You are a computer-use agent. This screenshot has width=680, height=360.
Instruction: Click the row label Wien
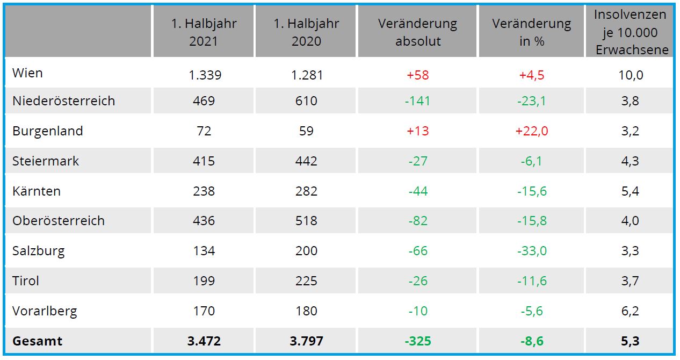tap(27, 73)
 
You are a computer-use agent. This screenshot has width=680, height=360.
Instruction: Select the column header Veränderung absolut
tap(417, 32)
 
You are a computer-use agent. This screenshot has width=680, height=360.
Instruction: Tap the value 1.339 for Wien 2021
tap(204, 75)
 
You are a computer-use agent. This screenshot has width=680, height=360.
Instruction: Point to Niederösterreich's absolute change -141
tap(417, 100)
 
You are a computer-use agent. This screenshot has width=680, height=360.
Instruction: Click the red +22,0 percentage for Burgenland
tap(532, 131)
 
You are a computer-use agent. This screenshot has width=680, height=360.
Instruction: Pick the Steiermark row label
tap(46, 161)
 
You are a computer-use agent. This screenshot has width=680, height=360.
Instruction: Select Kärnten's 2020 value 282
tap(306, 191)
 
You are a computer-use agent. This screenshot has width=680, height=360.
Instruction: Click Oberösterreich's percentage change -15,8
tap(532, 221)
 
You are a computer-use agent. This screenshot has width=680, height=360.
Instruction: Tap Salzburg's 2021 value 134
tap(204, 251)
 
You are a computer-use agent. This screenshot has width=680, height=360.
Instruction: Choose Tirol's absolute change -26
tap(417, 281)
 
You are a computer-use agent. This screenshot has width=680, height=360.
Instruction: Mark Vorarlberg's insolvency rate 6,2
tap(631, 311)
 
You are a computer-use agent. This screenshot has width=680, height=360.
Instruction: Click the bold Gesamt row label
tap(37, 341)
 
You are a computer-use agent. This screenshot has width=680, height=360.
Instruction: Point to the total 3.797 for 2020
tap(306, 341)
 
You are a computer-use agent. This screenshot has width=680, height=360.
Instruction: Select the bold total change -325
tap(417, 341)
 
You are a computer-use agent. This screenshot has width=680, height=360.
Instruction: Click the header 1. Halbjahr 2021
tap(204, 32)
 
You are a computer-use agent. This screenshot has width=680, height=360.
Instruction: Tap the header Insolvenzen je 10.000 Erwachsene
tap(631, 32)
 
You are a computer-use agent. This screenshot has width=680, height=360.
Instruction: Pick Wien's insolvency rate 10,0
tap(631, 75)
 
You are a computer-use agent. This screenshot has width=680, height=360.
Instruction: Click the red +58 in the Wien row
tap(417, 75)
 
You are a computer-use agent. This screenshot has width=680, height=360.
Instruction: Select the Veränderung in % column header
tap(532, 32)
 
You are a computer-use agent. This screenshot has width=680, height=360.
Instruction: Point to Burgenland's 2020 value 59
tap(306, 131)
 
